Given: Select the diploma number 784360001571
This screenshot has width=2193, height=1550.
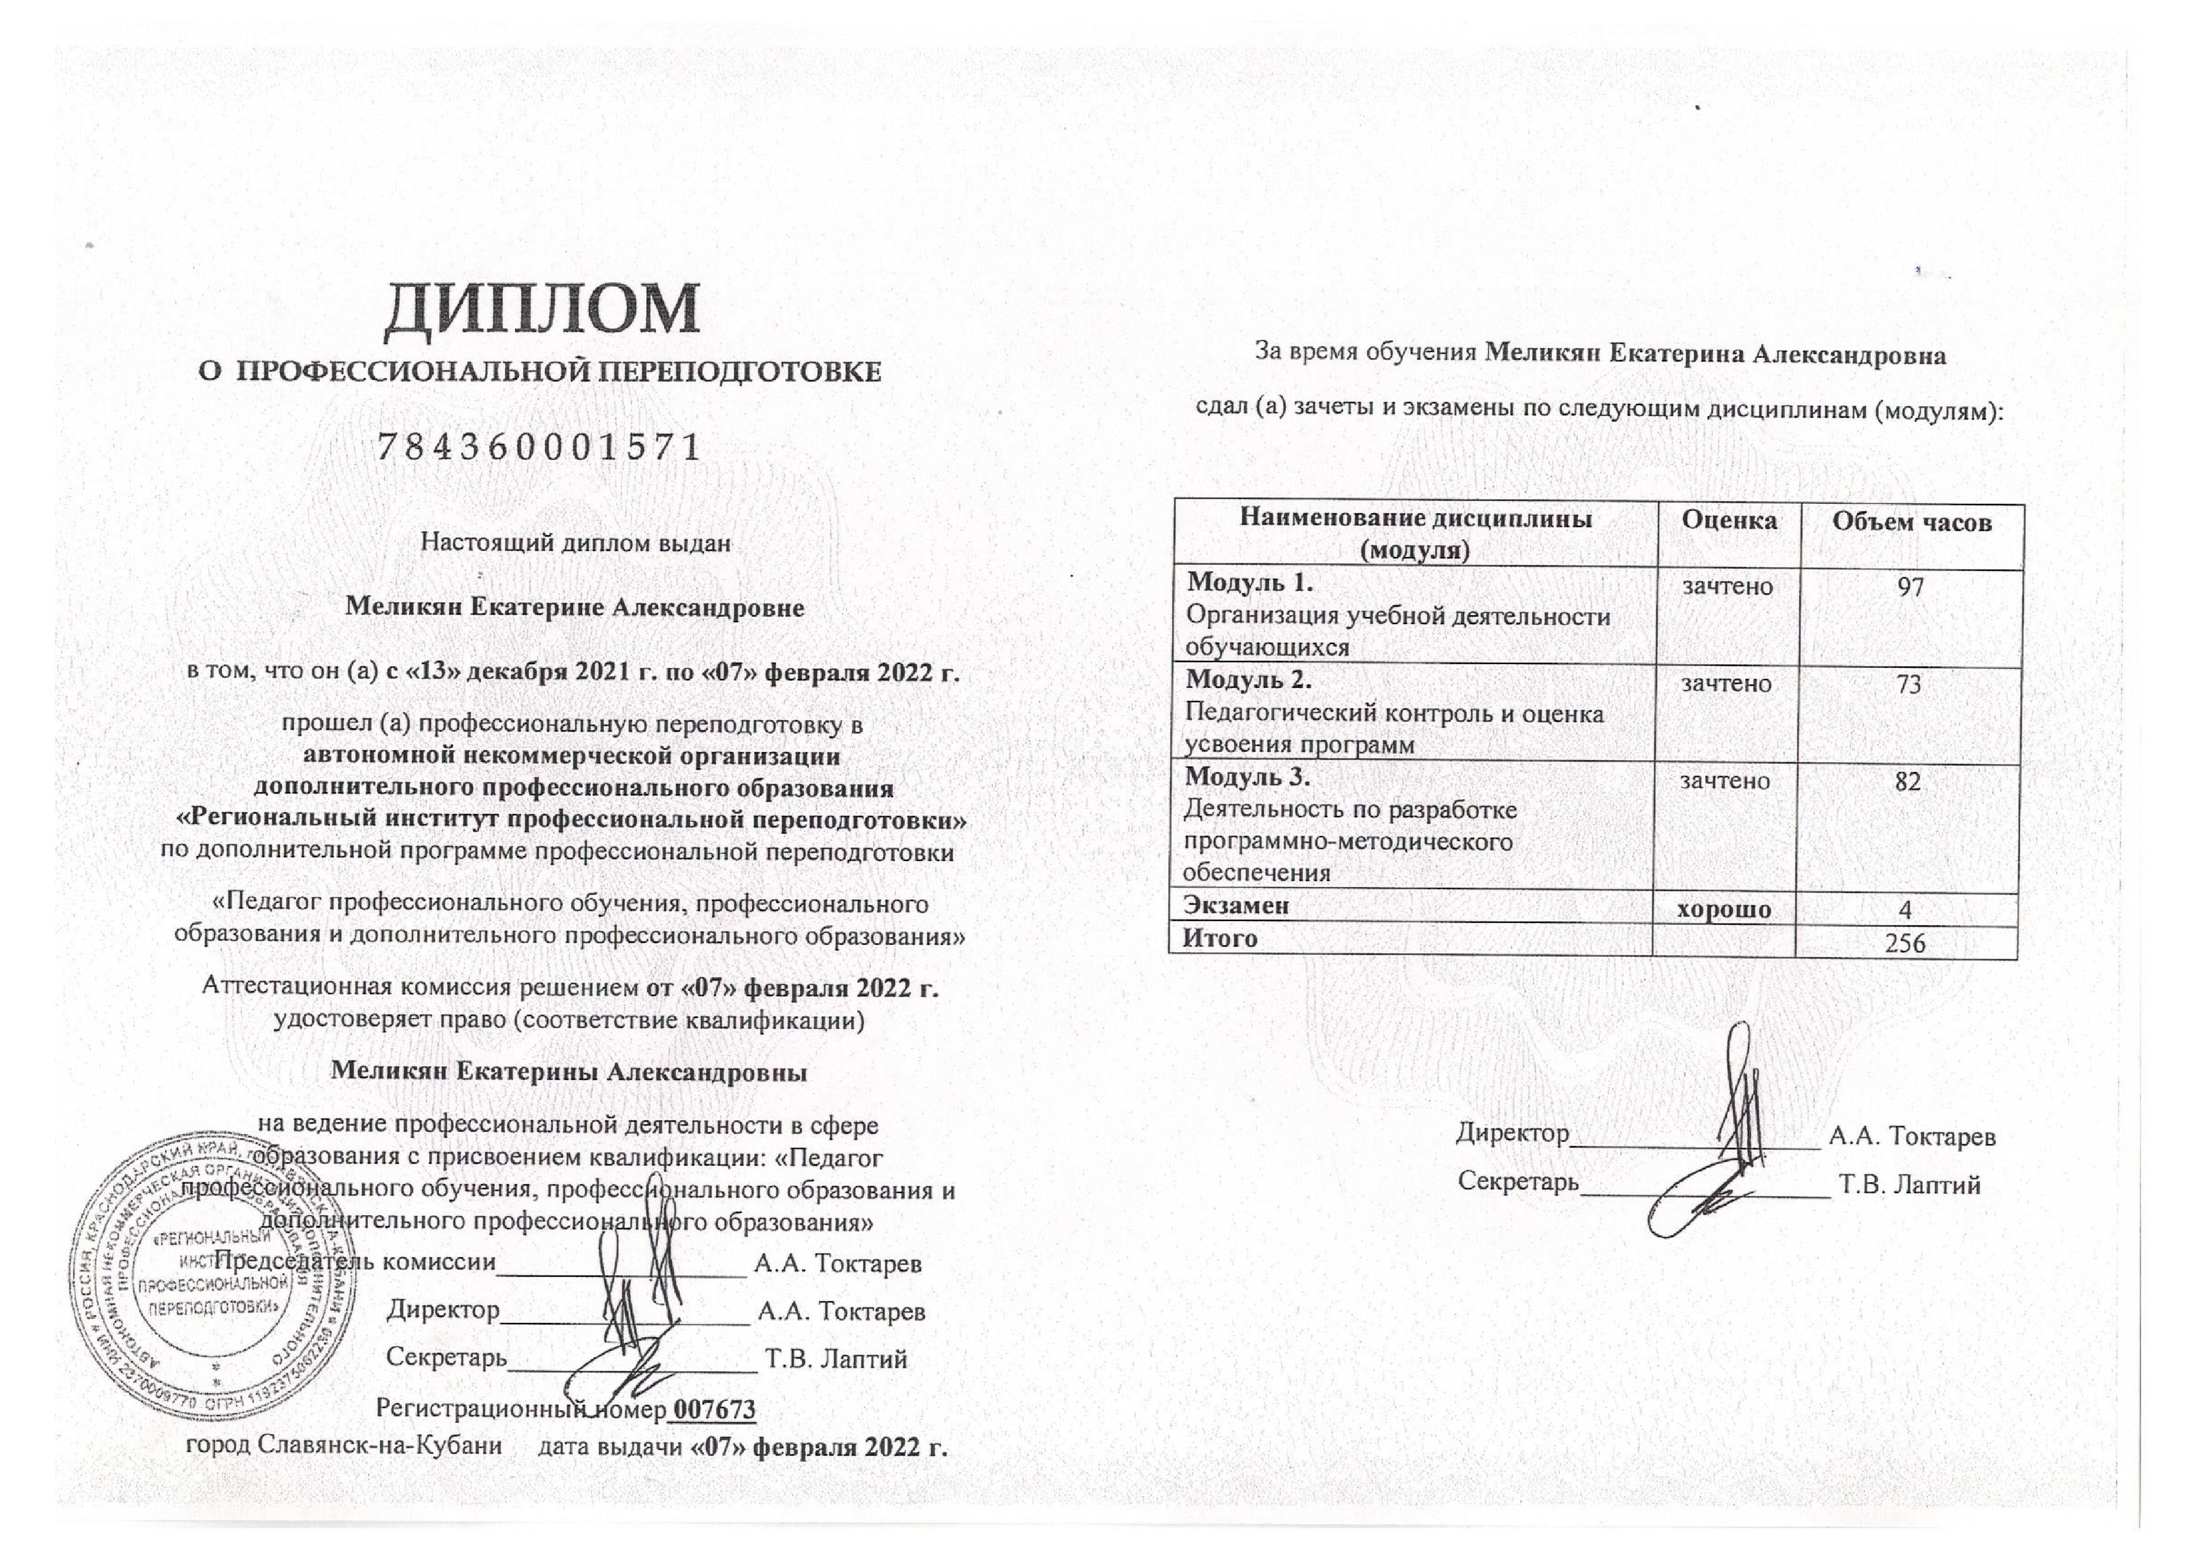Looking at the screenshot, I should pyautogui.click(x=539, y=447).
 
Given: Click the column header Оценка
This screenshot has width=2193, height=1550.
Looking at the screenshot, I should pyautogui.click(x=1729, y=520).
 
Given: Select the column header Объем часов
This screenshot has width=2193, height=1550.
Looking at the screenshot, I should pyautogui.click(x=1911, y=522).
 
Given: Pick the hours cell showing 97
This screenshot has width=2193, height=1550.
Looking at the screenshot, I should pyautogui.click(x=1910, y=586).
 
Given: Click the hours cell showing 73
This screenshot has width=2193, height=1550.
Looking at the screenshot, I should pyautogui.click(x=1909, y=684).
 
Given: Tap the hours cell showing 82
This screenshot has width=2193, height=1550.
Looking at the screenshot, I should pyautogui.click(x=1907, y=781).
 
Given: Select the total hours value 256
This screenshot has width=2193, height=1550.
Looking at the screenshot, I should pyautogui.click(x=1905, y=944).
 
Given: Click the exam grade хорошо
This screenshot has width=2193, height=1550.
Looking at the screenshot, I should pyautogui.click(x=1724, y=909).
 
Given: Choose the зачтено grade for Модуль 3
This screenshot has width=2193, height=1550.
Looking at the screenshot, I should pyautogui.click(x=1725, y=780).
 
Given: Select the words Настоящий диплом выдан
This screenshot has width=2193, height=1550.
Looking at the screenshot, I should pyautogui.click(x=576, y=543).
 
